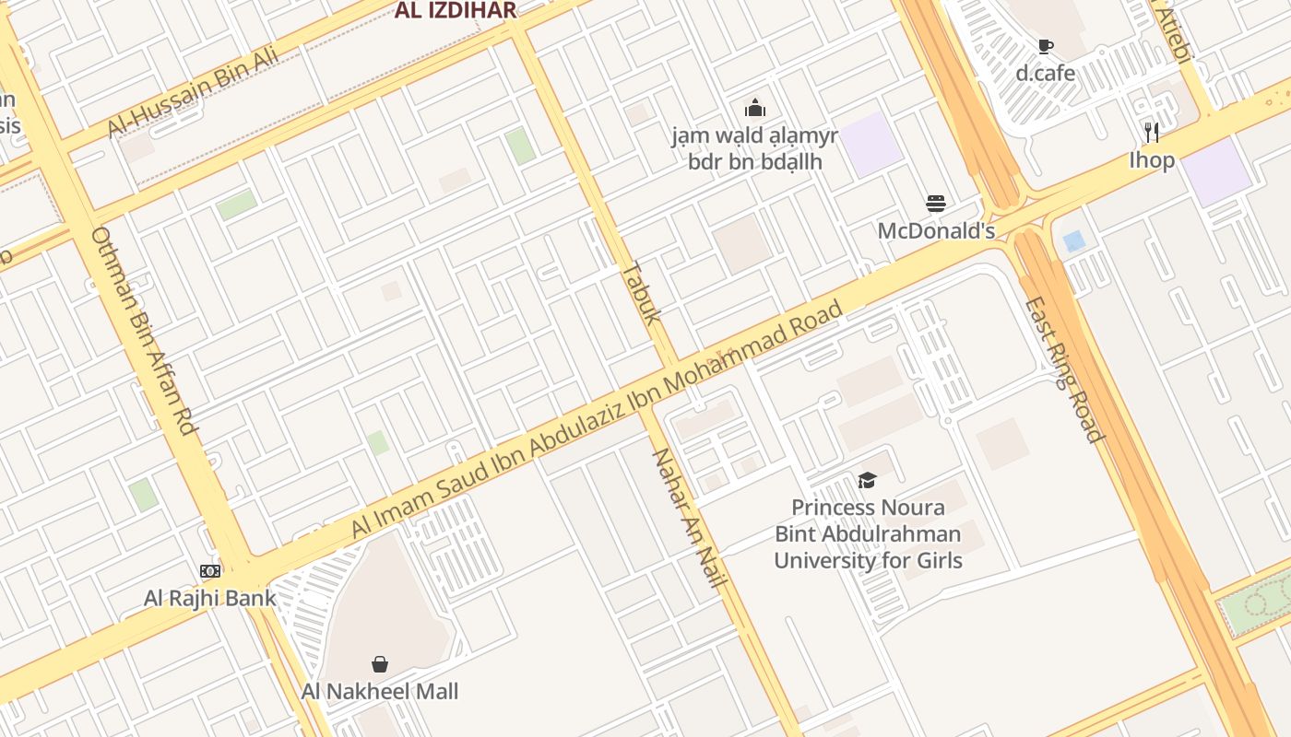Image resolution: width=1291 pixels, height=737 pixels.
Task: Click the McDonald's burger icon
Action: coord(936,204)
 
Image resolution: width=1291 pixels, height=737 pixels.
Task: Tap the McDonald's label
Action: coord(936,230)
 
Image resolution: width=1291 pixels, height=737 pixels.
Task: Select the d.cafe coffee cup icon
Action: coord(1046,46)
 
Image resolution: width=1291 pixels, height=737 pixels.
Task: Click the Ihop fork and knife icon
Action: coord(1152,133)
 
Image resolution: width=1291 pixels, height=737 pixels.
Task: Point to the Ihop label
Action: coord(1152,160)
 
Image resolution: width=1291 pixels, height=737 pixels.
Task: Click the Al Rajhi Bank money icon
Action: coord(210,571)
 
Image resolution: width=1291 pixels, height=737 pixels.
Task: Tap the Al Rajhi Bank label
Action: coord(210,598)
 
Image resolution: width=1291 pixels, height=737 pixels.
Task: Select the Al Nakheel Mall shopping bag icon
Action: coord(380,664)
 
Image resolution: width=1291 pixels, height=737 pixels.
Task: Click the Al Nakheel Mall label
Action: coord(380,691)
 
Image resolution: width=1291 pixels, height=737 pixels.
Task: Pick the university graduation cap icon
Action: coord(867,480)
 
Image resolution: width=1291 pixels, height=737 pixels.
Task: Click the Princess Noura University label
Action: coord(868,533)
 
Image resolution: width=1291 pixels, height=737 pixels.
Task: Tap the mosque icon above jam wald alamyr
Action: coord(755,108)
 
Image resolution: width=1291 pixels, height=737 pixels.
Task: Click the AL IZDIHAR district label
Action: coord(456,11)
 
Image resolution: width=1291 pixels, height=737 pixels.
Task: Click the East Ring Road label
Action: coord(1064,368)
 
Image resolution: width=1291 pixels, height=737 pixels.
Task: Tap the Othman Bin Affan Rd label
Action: coord(145,332)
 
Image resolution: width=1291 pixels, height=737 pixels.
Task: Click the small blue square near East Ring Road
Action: coord(1073,241)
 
